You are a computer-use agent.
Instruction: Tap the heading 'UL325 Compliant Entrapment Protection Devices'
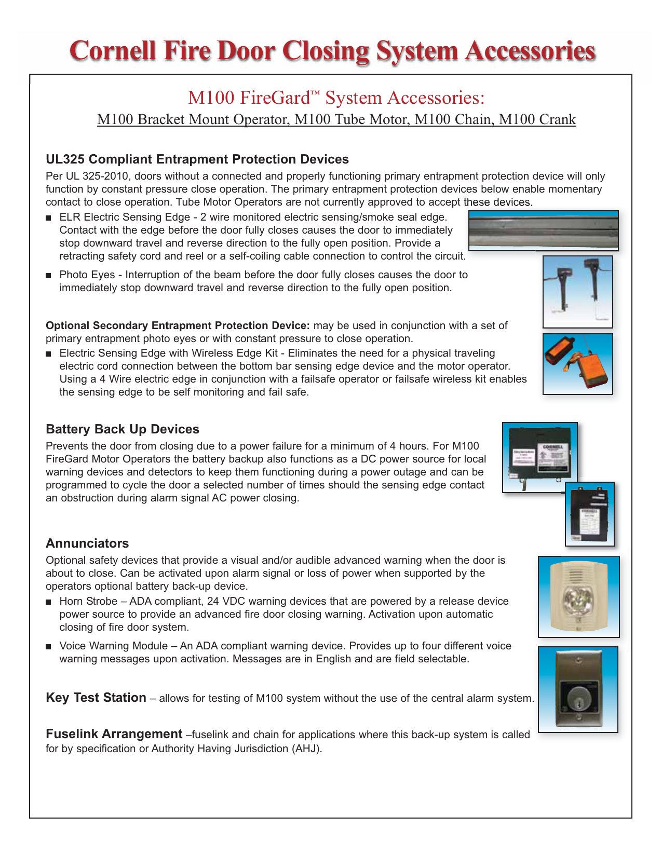(x=197, y=159)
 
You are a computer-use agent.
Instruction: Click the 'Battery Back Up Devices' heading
(x=123, y=429)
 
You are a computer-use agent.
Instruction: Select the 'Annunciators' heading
(x=87, y=543)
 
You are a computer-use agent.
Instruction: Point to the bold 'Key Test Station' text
(x=96, y=698)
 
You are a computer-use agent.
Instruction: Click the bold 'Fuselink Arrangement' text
(x=114, y=734)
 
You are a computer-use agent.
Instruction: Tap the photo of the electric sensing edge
(x=543, y=230)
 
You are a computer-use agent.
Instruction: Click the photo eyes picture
(x=577, y=292)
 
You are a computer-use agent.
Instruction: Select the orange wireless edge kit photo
(x=577, y=364)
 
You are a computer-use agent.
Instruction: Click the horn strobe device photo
(x=578, y=597)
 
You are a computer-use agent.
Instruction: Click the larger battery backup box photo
(x=540, y=457)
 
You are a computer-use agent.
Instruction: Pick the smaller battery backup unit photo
(x=590, y=514)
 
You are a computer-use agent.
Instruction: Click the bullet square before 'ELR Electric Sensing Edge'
(x=49, y=217)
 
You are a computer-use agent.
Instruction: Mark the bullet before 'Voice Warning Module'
(x=49, y=647)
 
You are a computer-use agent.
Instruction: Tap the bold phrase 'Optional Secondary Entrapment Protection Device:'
(x=178, y=325)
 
